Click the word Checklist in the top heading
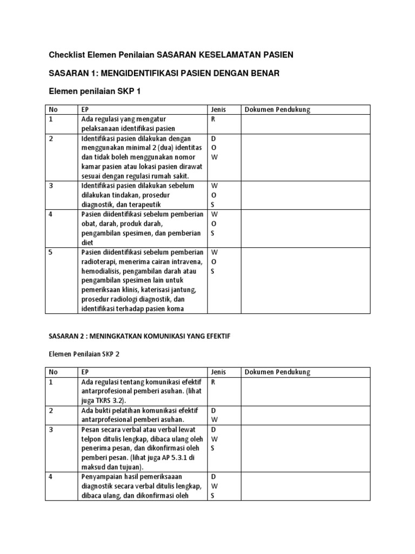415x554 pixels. coord(67,55)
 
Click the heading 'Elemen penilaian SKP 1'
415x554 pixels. coord(95,91)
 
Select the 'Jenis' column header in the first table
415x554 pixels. coord(218,110)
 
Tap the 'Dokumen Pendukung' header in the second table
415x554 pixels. coord(278,372)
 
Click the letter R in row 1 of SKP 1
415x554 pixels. coord(213,120)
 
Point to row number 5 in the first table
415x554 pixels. coord(51,252)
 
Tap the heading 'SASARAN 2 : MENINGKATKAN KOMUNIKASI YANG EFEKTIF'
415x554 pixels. coord(139,336)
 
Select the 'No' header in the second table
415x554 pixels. coord(53,372)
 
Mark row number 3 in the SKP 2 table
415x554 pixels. coord(51,430)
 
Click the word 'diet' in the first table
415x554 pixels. coord(88,243)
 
